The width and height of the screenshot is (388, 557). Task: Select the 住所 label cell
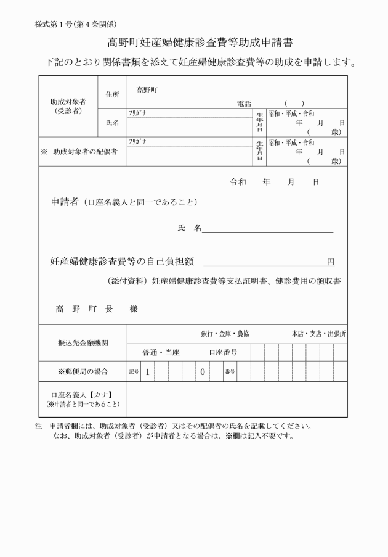[112, 94]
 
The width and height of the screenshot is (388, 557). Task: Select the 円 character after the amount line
[331, 262]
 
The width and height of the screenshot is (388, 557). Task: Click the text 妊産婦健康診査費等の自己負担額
[122, 262]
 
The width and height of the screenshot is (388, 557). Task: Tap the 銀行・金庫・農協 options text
[225, 334]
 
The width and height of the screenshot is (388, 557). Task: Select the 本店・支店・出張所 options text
[318, 334]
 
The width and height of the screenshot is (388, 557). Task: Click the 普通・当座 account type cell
[160, 352]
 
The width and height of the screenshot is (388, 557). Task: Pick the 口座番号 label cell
[223, 352]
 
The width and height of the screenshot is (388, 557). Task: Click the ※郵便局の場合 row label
[83, 371]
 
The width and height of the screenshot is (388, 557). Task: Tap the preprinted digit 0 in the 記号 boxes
[202, 372]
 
